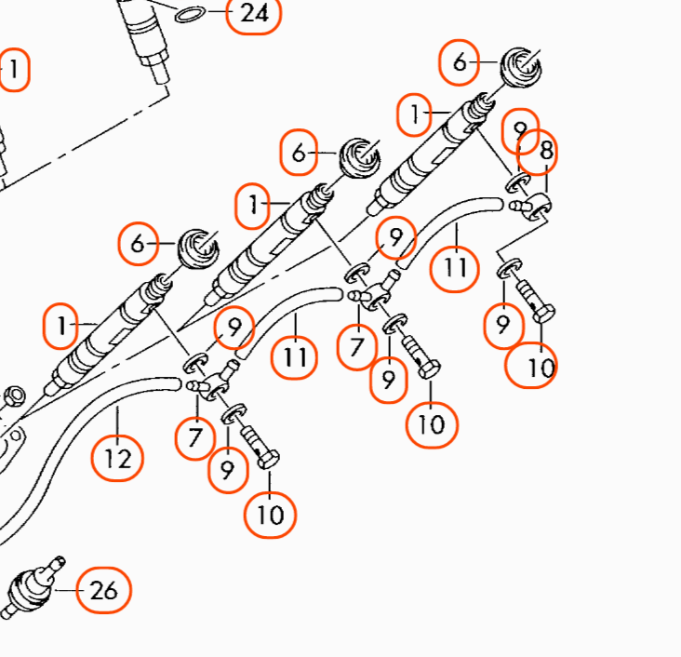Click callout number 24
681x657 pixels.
pos(254,13)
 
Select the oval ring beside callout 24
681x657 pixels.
pos(190,14)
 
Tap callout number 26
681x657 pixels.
pos(103,590)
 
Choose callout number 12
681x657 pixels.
pos(117,459)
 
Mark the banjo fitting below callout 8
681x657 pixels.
pos(530,206)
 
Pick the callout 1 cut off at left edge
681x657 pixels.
pos(13,70)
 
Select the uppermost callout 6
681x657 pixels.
pos(459,62)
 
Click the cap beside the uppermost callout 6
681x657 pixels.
pos(521,67)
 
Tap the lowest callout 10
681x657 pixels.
pos(270,515)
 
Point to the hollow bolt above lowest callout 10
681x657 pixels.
pos(260,447)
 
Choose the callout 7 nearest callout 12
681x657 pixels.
pos(195,436)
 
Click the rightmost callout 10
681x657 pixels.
pos(531,366)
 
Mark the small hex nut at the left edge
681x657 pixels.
pos(14,396)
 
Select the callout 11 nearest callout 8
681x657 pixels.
pos(455,269)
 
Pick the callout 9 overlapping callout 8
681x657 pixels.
pos(521,130)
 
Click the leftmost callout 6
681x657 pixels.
pos(138,243)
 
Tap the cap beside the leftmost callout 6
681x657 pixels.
pos(198,248)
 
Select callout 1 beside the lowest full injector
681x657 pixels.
pos(60,326)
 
